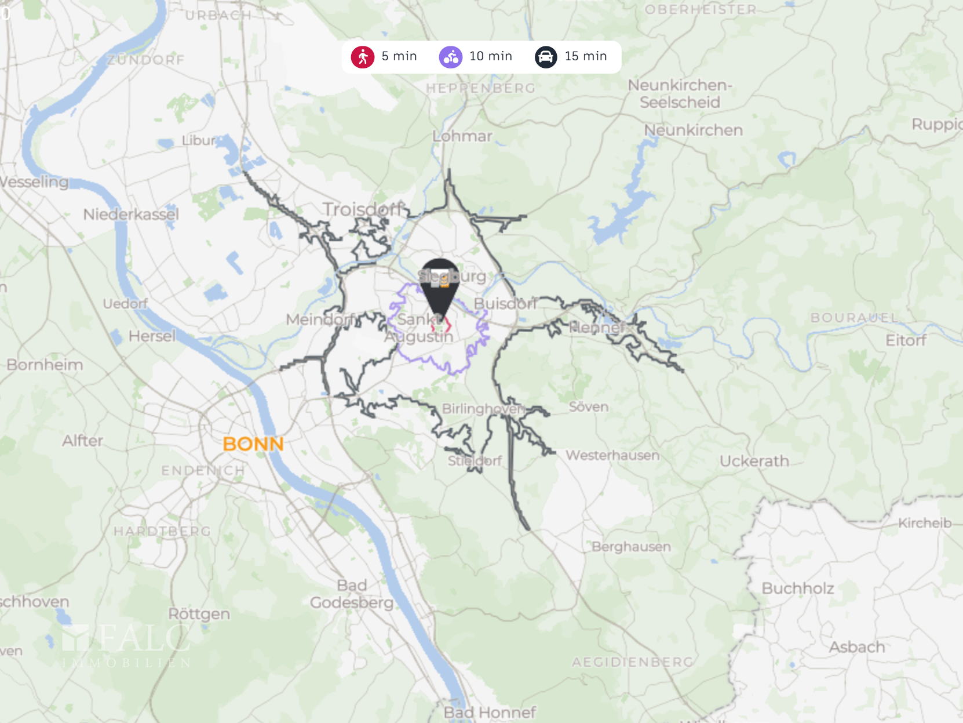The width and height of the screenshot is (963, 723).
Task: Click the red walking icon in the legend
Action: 363,57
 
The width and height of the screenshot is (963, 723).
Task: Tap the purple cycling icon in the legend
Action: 450,57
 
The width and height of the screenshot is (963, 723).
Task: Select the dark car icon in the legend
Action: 545,57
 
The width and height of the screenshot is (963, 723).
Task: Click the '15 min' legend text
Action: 585,56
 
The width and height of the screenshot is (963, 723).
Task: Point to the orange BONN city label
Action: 253,444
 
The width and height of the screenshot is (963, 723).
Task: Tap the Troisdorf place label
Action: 363,209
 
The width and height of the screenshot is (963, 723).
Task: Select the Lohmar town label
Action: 462,136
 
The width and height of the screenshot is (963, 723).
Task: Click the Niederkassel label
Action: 131,215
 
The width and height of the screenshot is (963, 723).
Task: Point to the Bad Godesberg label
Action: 352,594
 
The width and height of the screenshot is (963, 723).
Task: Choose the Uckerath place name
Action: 754,461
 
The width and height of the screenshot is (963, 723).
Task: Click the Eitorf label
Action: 906,340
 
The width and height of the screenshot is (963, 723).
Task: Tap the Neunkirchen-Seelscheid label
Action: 680,94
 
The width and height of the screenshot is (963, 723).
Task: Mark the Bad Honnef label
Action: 490,712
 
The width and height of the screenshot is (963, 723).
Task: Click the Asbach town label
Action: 857,647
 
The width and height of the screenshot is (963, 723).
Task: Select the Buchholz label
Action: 798,588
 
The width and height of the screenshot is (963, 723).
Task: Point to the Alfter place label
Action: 83,441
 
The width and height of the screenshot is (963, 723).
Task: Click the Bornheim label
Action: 45,365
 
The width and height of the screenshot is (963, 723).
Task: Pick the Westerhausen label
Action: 612,455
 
